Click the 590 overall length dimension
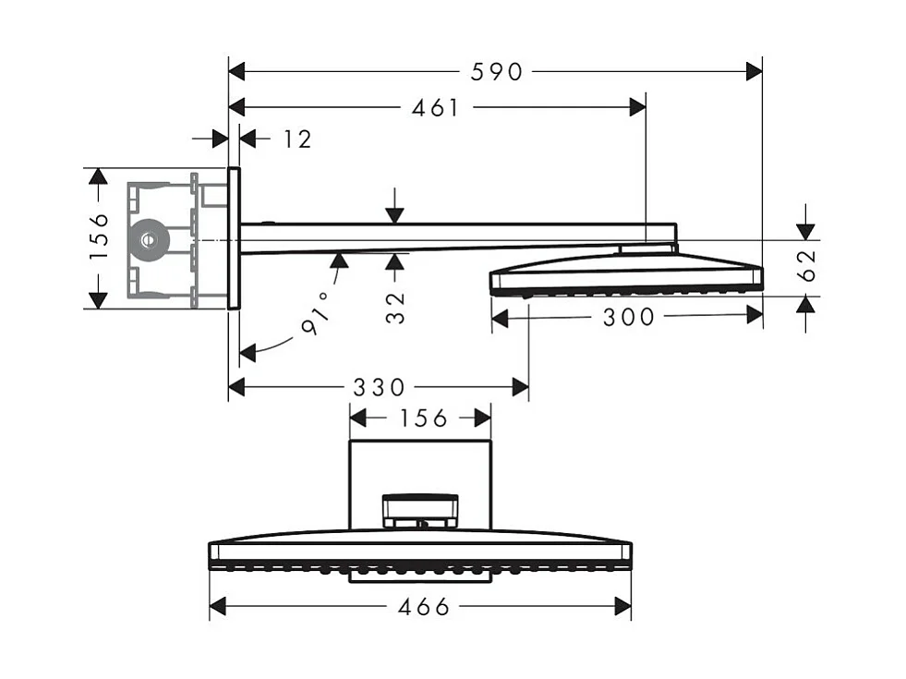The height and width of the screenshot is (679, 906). pos(496,71)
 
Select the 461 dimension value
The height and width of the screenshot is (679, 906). pos(437,107)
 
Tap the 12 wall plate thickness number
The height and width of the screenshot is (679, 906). pos(296,139)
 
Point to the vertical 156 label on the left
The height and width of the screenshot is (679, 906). pos(100,237)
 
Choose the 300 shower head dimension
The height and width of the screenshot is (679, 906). pos(628,318)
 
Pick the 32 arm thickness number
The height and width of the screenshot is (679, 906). pos(395,307)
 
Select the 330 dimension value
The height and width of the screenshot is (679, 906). pos(379,387)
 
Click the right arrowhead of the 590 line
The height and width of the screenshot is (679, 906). pos(754,71)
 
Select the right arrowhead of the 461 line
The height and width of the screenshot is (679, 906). pos(637,107)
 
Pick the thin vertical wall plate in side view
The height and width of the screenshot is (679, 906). pos(234,237)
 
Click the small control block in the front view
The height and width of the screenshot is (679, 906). pos(420,509)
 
